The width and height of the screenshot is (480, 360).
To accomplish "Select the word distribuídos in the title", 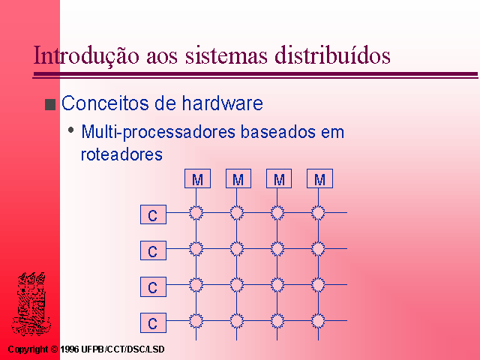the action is pos(332,55).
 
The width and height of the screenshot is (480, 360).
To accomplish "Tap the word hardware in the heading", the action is pos(223,103).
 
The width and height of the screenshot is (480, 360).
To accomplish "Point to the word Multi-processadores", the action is pos(158,132).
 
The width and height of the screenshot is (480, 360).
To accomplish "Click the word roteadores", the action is pos(121,154).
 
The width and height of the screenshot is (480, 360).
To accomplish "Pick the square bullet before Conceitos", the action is pos(50,105).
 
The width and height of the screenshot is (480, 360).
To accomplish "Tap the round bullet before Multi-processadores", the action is pos(71,130).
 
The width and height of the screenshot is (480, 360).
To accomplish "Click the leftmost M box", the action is pos(197,178).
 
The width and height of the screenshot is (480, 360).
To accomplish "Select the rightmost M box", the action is pos(320,178).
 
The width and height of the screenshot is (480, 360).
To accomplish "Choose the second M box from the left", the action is pos(238,178).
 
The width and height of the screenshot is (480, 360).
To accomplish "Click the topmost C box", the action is pos(153,214).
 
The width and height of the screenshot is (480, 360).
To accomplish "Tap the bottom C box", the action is pos(153,322).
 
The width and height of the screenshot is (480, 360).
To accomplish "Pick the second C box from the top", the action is pos(153,250).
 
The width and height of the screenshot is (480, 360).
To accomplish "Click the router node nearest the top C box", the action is pos(196,213).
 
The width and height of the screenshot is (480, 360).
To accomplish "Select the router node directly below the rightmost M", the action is pos(318,213).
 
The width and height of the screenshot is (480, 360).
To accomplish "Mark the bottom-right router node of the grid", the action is pos(318,321).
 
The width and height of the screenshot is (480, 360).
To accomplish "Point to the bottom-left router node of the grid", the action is pos(196,321).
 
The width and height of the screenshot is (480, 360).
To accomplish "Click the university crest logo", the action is pos(31,304).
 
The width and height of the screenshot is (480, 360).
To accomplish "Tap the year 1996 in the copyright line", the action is pos(70,349).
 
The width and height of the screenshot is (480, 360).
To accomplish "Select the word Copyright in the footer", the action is pos(28,349).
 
